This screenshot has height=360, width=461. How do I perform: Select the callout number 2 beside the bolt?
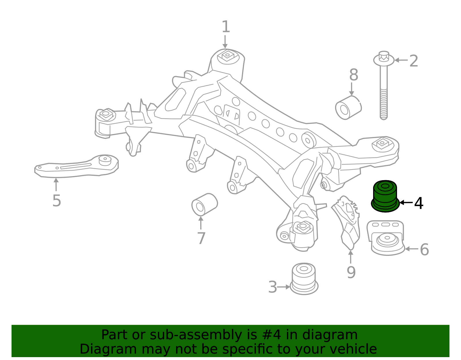(x=413, y=61)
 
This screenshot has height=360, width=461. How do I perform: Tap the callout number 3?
(x=272, y=287)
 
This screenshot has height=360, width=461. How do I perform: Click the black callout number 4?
(x=419, y=203)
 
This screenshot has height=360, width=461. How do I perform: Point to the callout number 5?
(x=57, y=201)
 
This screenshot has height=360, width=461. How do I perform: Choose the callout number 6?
(x=424, y=250)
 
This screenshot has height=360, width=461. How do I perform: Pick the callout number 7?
(x=201, y=238)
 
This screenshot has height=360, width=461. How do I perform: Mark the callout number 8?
(x=354, y=75)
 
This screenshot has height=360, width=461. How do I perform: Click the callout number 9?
(x=351, y=272)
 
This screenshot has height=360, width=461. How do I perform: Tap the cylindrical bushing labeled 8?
(x=348, y=108)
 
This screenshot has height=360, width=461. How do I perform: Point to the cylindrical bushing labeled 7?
(x=204, y=204)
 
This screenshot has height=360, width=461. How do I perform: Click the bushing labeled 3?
(x=304, y=278)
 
